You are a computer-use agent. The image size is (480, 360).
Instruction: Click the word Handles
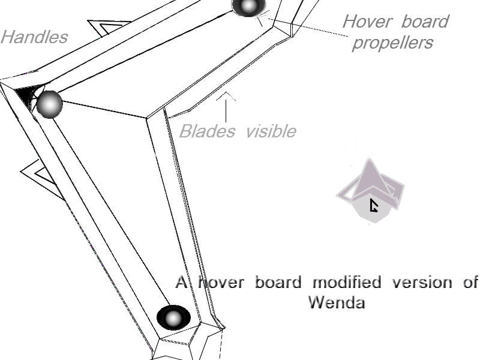coord(34,37)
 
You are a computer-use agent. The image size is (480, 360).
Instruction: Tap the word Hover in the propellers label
coord(368,22)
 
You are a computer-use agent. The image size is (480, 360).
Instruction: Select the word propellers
coord(392,43)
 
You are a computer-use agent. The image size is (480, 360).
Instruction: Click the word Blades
coord(207,131)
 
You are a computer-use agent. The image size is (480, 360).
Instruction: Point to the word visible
coord(271,131)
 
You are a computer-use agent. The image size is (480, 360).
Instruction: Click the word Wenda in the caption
coord(337,302)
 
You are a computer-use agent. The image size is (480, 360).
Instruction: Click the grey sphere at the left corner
coord(50,104)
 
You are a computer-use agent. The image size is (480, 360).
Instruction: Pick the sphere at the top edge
coord(248,6)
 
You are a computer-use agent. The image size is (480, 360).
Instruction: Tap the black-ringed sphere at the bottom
coord(173,318)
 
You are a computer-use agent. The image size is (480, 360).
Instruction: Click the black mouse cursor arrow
coord(374,206)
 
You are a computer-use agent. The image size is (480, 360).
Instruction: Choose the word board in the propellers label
coord(424,22)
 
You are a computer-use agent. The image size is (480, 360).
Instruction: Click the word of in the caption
coord(470,282)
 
